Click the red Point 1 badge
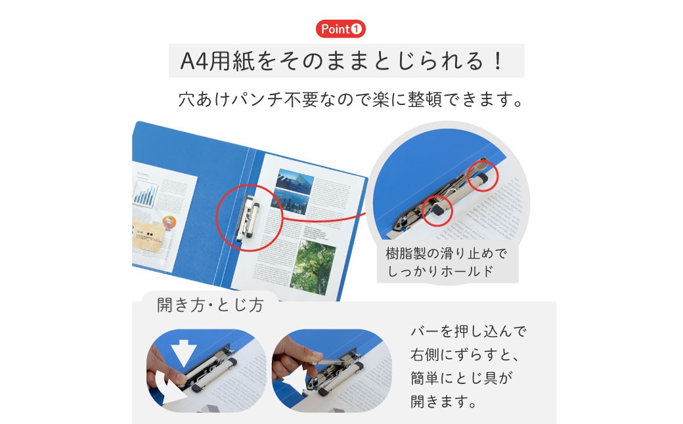340,29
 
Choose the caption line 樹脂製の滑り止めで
447,254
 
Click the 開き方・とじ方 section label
210,306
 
